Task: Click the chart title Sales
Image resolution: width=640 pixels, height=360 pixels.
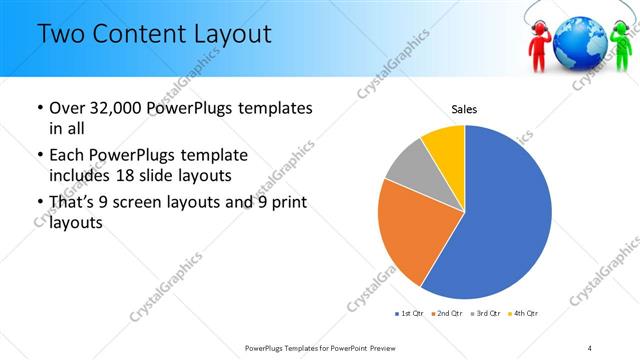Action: (x=464, y=107)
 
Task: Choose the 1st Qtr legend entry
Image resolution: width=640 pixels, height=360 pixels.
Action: (x=409, y=313)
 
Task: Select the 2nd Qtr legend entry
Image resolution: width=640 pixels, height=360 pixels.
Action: (x=447, y=313)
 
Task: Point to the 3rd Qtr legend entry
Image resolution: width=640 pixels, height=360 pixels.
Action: (x=485, y=313)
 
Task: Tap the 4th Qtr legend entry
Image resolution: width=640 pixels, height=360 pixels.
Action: (x=523, y=313)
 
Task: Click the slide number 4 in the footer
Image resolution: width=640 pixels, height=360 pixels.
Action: (x=590, y=347)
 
